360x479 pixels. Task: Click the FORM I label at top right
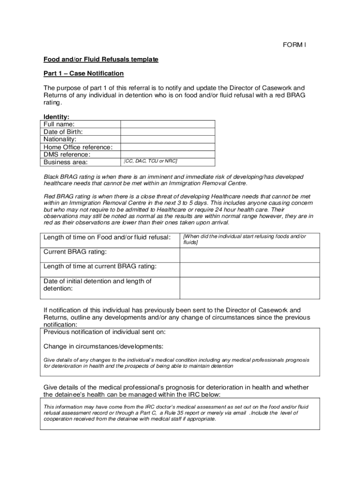pos(294,45)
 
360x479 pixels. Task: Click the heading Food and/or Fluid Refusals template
pos(101,59)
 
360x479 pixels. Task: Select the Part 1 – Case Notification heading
pos(84,73)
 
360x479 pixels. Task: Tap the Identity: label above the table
pos(57,117)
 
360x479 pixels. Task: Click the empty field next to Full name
pos(168,124)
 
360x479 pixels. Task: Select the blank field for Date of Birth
pos(168,132)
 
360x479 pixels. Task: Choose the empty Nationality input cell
pos(168,139)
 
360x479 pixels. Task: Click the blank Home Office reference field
pos(168,147)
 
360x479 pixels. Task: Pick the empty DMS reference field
pos(168,154)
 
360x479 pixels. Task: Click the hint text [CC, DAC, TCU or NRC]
pos(151,161)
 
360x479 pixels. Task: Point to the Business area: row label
pos(65,162)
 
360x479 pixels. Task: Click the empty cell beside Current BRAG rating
pos(250,255)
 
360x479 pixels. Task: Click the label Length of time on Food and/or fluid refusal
pos(107,238)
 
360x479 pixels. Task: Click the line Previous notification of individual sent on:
pos(104,332)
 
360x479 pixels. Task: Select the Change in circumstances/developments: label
pos(103,347)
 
